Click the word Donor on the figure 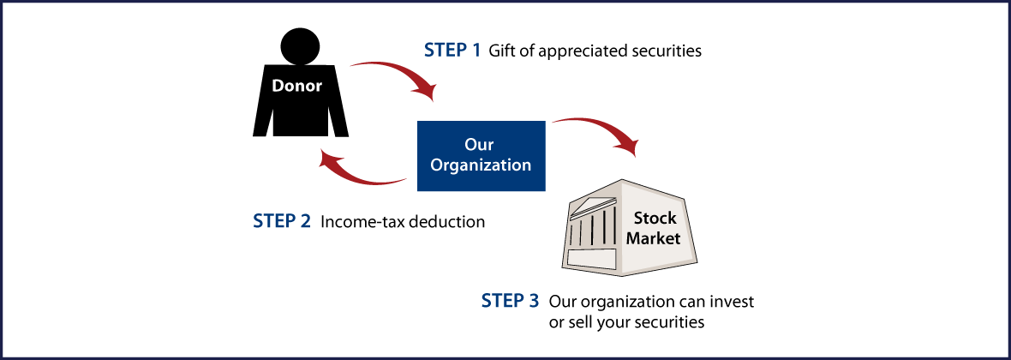tap(297, 86)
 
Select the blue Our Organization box tap(481, 155)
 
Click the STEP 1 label tap(452, 50)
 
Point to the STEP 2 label tap(282, 221)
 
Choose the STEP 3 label tap(510, 301)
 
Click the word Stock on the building tap(655, 219)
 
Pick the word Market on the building tap(653, 238)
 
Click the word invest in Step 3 tap(733, 302)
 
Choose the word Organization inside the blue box tap(481, 165)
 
